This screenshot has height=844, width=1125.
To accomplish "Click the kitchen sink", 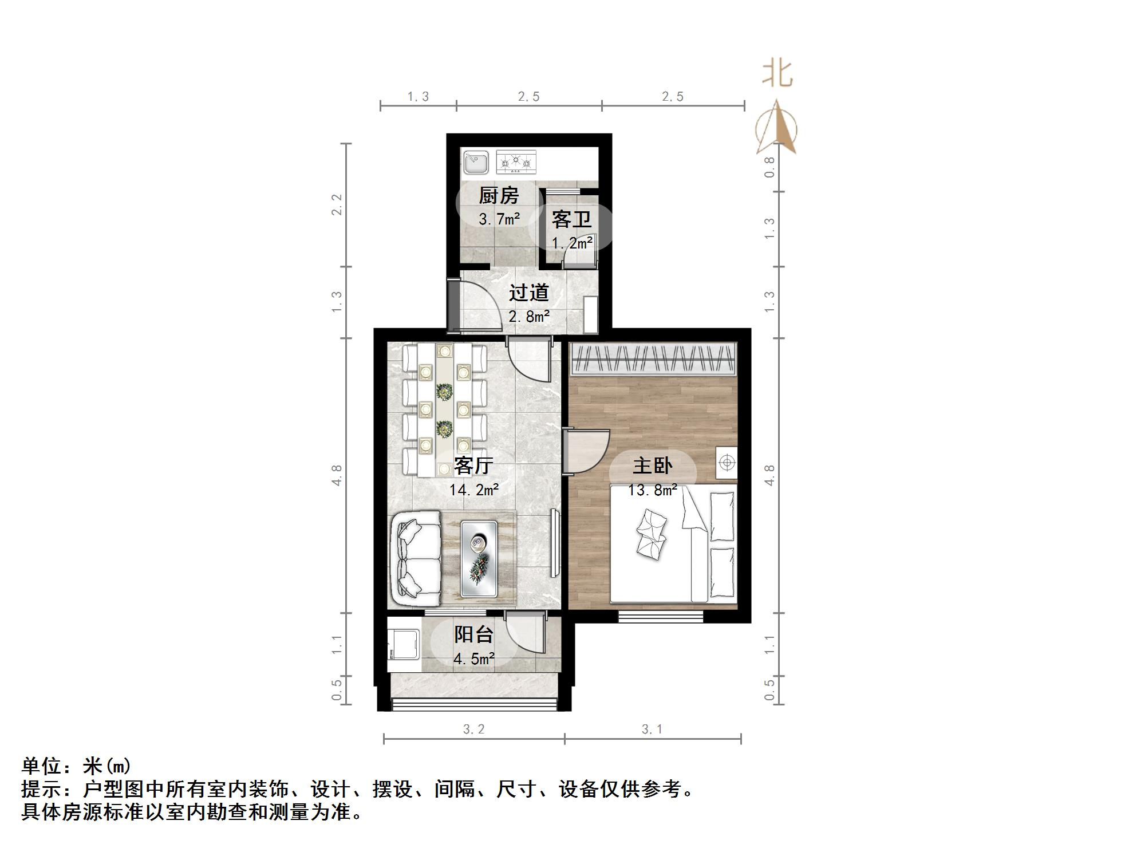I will coord(475,162).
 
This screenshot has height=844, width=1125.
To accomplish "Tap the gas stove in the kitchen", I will coord(516,162).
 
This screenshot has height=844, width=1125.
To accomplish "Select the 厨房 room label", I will coord(499,196).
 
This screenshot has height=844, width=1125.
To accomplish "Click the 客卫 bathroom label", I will coord(571,219).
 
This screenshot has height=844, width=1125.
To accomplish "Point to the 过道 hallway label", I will coord(529,293).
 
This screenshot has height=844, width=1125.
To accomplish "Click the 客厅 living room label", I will coord(473,466).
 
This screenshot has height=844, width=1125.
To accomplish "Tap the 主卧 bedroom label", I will coord(652,466).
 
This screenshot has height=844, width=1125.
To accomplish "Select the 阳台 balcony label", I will coord(473,634).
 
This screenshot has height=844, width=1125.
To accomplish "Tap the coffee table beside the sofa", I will coord(478,559).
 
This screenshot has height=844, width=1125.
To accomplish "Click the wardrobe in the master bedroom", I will coord(653,359).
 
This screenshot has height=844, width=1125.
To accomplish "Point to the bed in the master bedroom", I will coord(673,543).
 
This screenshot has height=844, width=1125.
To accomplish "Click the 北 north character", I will coord(777,74).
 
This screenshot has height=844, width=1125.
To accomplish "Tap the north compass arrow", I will coord(776,128).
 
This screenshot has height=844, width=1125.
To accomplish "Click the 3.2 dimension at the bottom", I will coord(473,729).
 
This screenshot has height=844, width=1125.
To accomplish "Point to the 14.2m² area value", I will coord(473,490).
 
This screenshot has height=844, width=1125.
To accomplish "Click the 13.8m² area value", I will coord(652,490).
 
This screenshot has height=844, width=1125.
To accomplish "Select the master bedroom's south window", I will coord(660,616).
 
